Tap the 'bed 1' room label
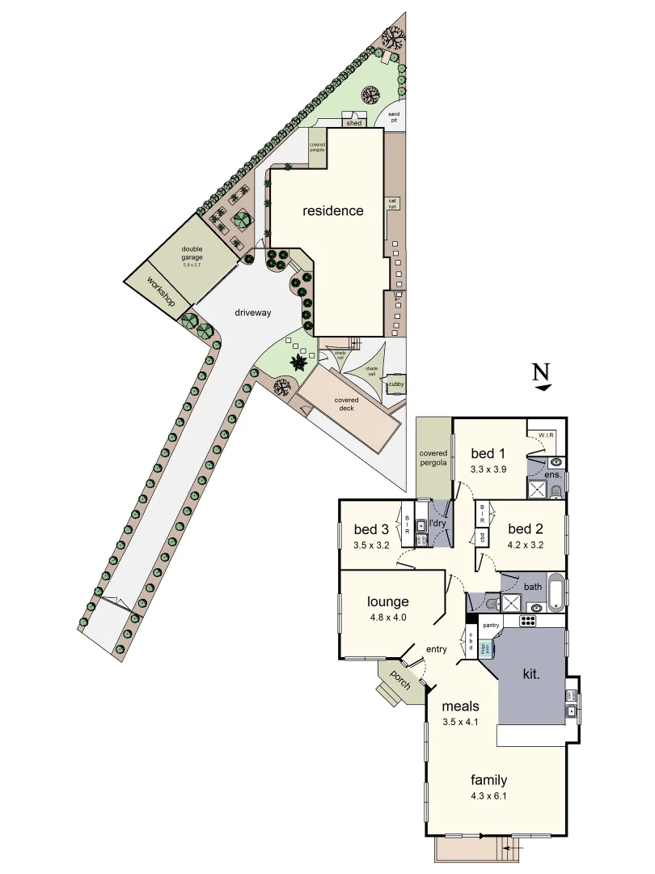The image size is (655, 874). click(488, 453)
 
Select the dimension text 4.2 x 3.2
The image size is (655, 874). click(525, 545)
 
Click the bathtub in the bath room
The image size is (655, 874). click(555, 593)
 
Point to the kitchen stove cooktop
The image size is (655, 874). click(528, 622)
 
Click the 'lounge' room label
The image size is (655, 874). click(387, 601)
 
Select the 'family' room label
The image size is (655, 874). click(488, 780)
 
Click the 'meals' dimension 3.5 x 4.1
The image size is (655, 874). click(461, 722)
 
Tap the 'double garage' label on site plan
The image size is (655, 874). click(192, 252)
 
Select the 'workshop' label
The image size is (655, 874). click(161, 290)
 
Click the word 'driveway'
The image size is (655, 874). click(252, 312)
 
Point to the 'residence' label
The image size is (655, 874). click(332, 210)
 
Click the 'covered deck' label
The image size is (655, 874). click(347, 404)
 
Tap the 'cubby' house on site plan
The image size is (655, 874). click(396, 384)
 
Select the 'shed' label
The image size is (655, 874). click(353, 123)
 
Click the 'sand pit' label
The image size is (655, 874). click(394, 118)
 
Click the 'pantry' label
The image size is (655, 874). click(490, 626)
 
